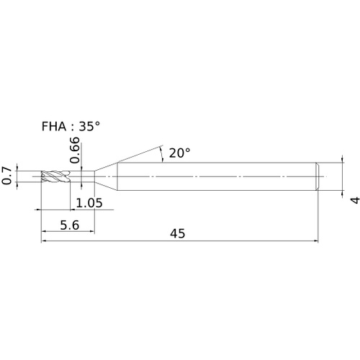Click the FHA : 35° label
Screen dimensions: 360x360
pos(71,126)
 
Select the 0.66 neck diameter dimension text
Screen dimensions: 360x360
pos(74,150)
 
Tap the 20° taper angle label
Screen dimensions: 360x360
pos(180,153)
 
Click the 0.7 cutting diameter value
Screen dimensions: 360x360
pos(7,176)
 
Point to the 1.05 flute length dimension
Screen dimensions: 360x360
pos(89,203)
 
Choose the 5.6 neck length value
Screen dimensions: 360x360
pos(69,225)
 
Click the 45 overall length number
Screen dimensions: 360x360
pos(178,233)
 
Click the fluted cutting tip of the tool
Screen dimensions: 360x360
pos(55,176)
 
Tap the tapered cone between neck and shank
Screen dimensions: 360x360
pos(106,176)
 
